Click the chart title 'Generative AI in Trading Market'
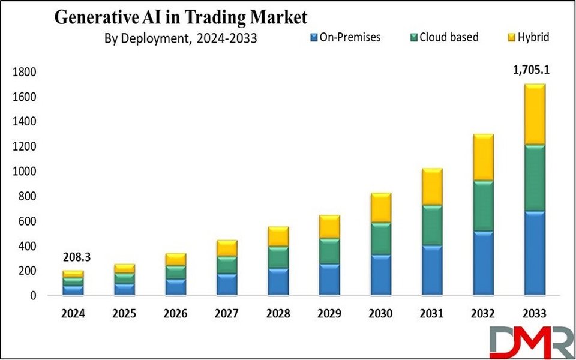(181, 17)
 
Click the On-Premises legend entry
(343, 37)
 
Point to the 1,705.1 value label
(530, 70)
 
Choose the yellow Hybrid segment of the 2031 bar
(432, 187)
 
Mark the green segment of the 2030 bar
(380, 239)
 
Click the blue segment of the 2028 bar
(278, 281)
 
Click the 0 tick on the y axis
(32, 296)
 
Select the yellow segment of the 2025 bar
(124, 269)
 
